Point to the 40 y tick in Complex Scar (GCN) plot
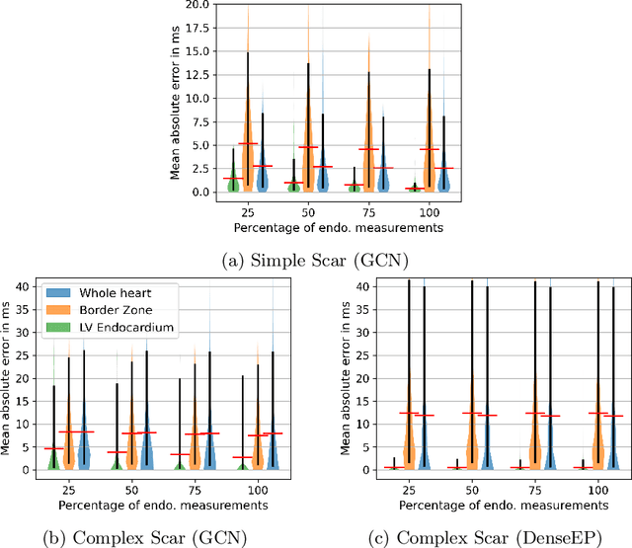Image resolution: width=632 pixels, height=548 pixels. (31, 286)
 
